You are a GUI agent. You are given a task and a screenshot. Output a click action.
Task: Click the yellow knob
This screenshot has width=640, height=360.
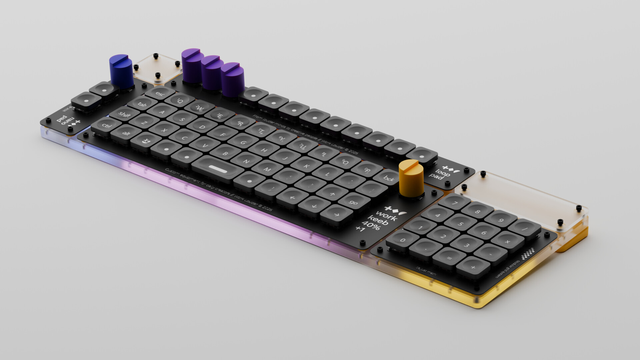point(411,178)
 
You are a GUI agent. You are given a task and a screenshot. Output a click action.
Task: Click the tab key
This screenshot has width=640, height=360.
point(142,104)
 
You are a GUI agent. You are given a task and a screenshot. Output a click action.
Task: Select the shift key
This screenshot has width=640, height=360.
point(124,114)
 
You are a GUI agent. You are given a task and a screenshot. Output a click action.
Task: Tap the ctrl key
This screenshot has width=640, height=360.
point(106,126)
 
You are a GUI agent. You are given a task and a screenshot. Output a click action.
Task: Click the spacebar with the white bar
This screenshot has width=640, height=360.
point(218,169)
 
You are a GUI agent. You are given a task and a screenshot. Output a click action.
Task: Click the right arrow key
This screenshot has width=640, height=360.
point(336,215)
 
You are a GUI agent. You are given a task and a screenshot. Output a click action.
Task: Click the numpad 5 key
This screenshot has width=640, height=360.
point(460,224)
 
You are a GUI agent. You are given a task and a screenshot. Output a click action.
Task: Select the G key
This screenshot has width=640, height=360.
point(243,142)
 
